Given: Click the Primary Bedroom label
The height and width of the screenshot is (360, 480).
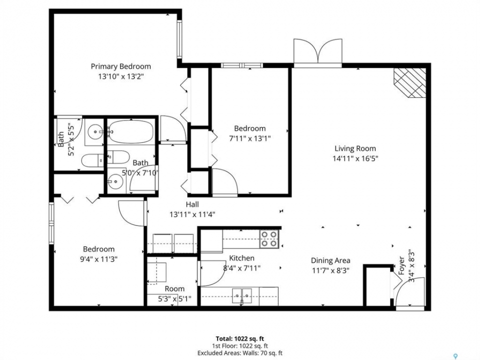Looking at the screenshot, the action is tap(120, 66).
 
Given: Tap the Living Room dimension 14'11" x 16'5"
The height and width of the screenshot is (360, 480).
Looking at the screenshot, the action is tap(355, 158).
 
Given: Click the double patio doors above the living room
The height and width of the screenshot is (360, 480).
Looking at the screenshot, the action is tap(318, 52).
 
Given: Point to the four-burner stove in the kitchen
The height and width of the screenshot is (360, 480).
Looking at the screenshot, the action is tap(269, 239).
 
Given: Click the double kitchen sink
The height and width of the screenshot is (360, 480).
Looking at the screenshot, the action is tap(242, 295).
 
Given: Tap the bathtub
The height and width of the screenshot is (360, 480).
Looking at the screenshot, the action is tap(130, 131).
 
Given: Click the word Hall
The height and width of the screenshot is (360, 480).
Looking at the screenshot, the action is tap(192, 204).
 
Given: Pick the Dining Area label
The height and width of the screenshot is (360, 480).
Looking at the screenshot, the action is tap(330, 260).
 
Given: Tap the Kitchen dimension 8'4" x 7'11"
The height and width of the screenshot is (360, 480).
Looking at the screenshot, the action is tap(242, 268).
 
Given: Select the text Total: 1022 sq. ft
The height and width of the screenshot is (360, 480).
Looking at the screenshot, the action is tap(240, 338).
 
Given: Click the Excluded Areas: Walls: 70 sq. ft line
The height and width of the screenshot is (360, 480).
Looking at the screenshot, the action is tap(240, 353).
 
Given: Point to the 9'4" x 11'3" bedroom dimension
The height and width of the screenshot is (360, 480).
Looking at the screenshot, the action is tap(98, 259).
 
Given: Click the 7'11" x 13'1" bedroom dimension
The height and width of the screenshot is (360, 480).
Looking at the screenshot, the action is tap(250, 138).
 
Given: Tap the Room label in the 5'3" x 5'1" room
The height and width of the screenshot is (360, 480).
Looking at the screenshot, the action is tap(174, 288).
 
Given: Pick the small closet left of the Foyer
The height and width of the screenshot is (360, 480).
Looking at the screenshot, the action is tap(378, 285).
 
